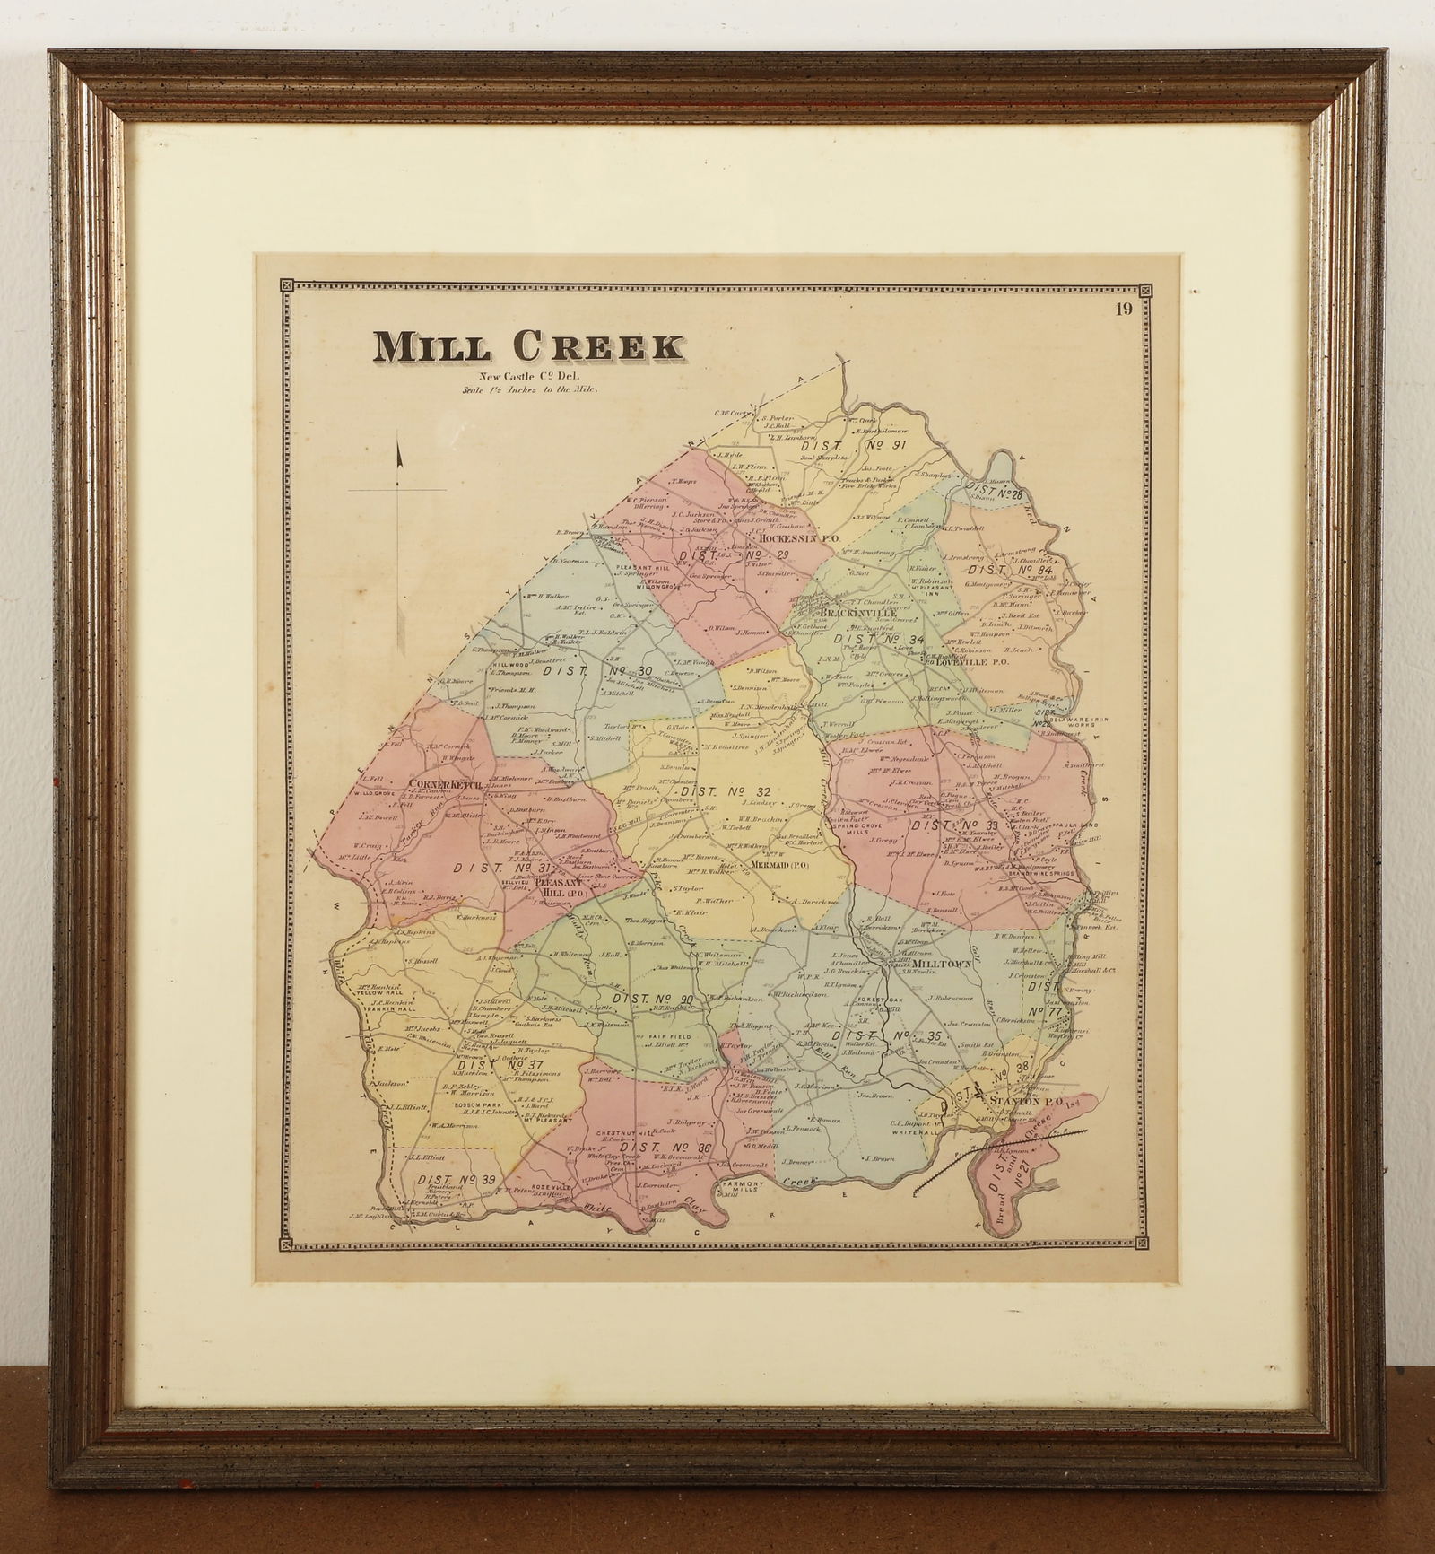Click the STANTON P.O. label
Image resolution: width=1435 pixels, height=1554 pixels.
pos(1016,1099)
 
